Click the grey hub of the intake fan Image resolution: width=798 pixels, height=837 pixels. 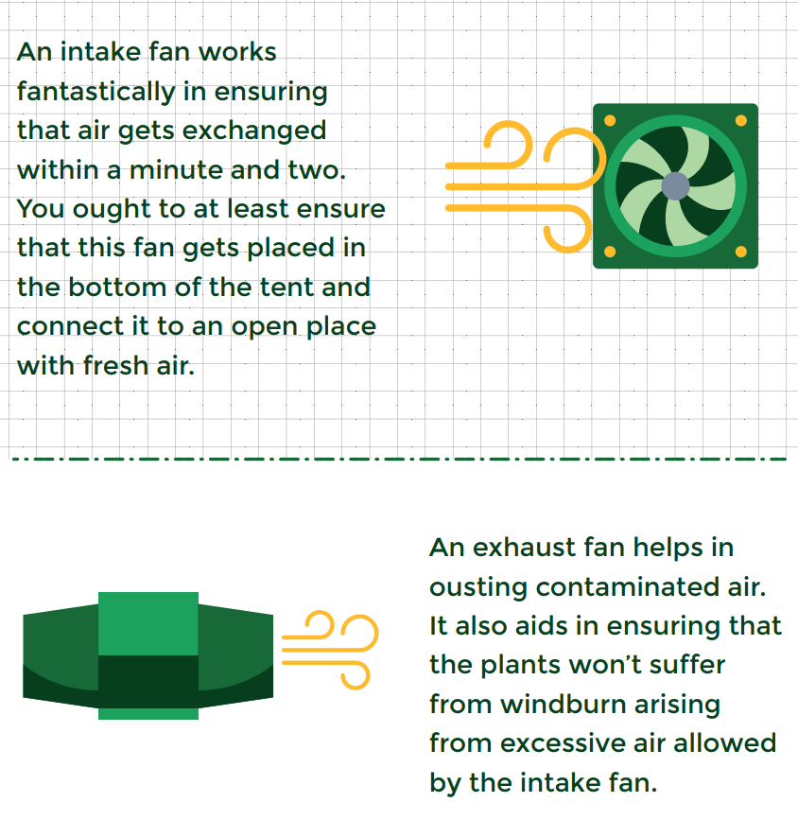click(x=675, y=186)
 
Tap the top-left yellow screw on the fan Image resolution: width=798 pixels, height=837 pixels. click(x=610, y=120)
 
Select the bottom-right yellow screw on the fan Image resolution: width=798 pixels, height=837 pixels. click(x=741, y=252)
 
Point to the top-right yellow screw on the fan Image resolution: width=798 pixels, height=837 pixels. click(x=741, y=120)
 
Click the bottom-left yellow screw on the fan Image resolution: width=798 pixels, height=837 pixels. click(x=610, y=252)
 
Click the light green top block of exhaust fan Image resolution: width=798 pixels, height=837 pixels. click(x=148, y=623)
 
